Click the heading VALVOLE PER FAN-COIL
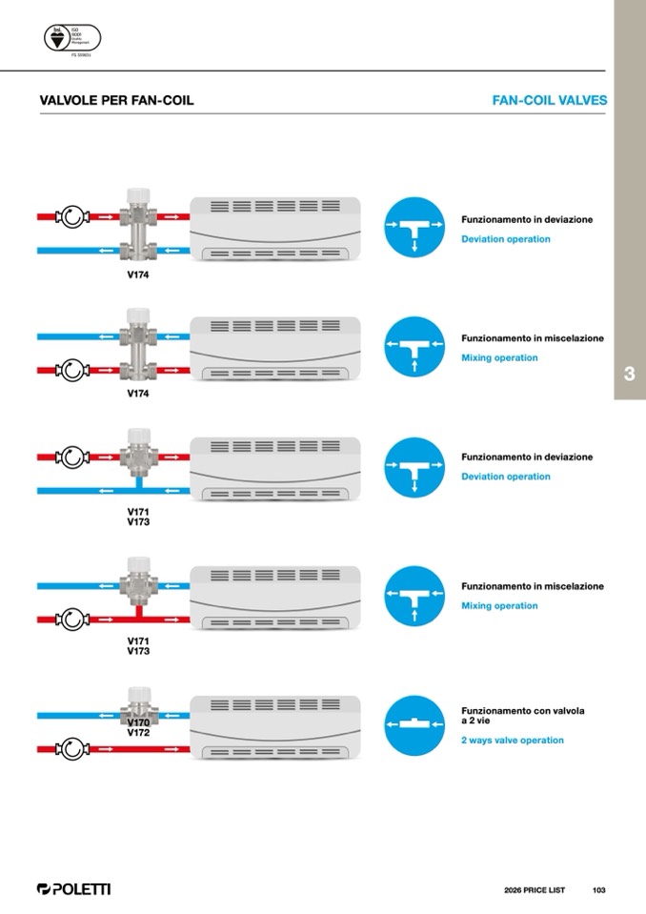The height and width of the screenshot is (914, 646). point(116,100)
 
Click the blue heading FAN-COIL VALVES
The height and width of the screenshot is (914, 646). point(549,100)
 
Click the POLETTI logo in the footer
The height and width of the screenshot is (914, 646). point(73,889)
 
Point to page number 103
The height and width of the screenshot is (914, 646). point(598,890)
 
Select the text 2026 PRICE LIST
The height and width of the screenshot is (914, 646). point(535,890)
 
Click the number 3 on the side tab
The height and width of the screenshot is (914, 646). point(629,375)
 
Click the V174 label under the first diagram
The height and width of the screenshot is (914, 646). point(138,274)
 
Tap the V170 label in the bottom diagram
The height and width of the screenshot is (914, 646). point(139,722)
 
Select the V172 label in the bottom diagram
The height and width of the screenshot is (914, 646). point(139,733)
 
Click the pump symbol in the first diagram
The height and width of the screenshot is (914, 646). point(73,217)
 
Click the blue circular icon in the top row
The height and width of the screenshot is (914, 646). point(414,227)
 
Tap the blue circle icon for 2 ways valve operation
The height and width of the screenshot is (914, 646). point(414,725)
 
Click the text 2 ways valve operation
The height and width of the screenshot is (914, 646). point(513,741)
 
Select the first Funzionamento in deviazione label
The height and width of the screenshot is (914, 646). point(527,219)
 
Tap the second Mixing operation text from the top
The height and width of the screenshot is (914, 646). point(499,606)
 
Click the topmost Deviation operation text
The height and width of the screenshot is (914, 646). point(506,239)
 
